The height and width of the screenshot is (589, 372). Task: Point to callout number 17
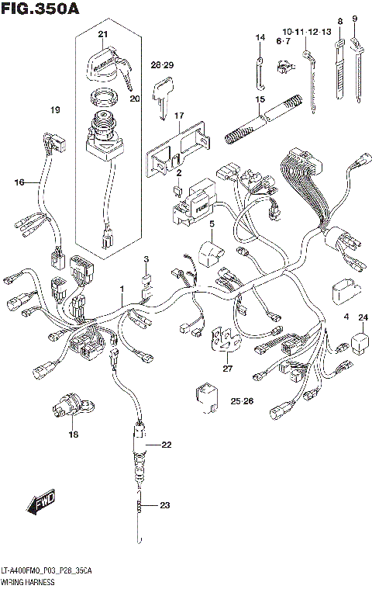point(179,116)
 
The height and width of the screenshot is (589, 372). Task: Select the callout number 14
point(260,37)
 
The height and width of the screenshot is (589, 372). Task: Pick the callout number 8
point(339,20)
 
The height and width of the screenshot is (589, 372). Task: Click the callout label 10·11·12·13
point(306,30)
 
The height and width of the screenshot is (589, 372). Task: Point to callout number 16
point(19,182)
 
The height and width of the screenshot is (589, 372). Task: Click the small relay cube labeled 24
point(361,340)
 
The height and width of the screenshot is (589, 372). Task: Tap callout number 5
point(210,224)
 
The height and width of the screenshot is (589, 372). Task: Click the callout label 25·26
point(242,400)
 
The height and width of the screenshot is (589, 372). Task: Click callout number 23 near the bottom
point(164,506)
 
